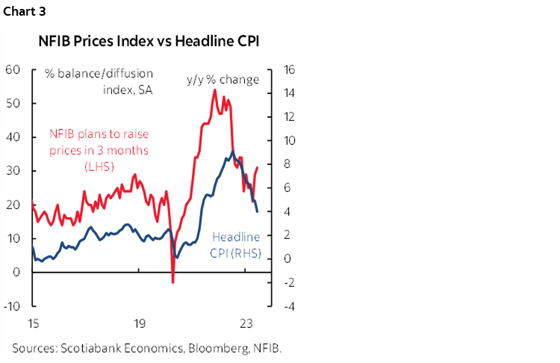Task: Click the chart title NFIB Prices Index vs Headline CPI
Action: [x=149, y=42]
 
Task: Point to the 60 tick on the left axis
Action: [x=13, y=69]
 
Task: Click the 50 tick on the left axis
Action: [x=13, y=103]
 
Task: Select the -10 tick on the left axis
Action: [x=13, y=305]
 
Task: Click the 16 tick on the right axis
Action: [x=290, y=69]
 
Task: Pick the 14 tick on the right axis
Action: [x=290, y=93]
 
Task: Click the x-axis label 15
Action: [x=33, y=325]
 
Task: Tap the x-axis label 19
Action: [x=139, y=325]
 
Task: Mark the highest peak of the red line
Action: [x=215, y=90]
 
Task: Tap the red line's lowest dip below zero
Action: [x=172, y=282]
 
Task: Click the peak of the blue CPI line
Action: [x=232, y=152]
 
